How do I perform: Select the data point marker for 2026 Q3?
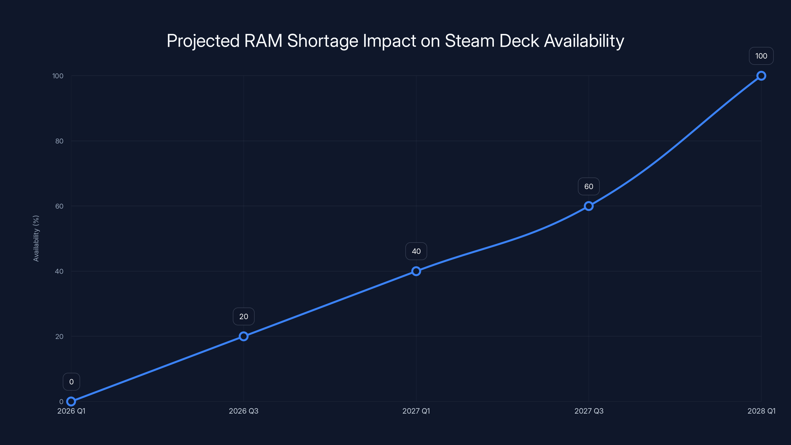[243, 336]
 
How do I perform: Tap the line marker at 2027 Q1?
[416, 271]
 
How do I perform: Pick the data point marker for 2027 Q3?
[589, 206]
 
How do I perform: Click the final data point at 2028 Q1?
[761, 76]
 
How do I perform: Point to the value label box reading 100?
[761, 56]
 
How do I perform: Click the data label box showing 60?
[589, 186]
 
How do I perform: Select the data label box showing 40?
[416, 251]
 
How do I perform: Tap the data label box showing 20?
[243, 316]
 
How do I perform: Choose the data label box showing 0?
[71, 382]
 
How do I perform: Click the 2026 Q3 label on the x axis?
[243, 411]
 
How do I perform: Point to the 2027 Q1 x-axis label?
[416, 411]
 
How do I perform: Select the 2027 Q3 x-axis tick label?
[589, 411]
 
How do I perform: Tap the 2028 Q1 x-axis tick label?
[761, 411]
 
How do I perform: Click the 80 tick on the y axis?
[59, 141]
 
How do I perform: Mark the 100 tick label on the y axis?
[58, 76]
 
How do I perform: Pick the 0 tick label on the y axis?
[61, 401]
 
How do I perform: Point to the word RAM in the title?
[263, 41]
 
